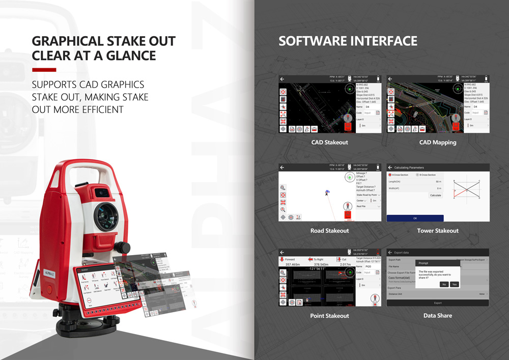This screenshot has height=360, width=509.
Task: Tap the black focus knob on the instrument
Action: (121, 248)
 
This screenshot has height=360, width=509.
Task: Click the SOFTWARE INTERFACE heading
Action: (348, 41)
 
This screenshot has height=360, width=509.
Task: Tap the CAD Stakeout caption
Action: (329, 143)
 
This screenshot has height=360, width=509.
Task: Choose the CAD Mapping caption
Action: (437, 143)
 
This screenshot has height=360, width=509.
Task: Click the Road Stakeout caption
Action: (329, 231)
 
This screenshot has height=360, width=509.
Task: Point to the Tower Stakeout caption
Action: (437, 231)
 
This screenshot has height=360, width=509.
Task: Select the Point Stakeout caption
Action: (329, 316)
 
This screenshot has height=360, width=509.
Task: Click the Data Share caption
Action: (437, 316)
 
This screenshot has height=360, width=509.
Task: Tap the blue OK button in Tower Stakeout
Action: (415, 218)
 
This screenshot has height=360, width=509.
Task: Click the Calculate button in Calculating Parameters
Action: (435, 196)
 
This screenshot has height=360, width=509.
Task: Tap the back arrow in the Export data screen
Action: (390, 252)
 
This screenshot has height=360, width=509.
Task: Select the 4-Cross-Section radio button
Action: (390, 175)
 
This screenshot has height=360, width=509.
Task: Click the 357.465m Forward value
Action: (293, 265)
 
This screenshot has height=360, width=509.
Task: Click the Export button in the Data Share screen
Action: (438, 303)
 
